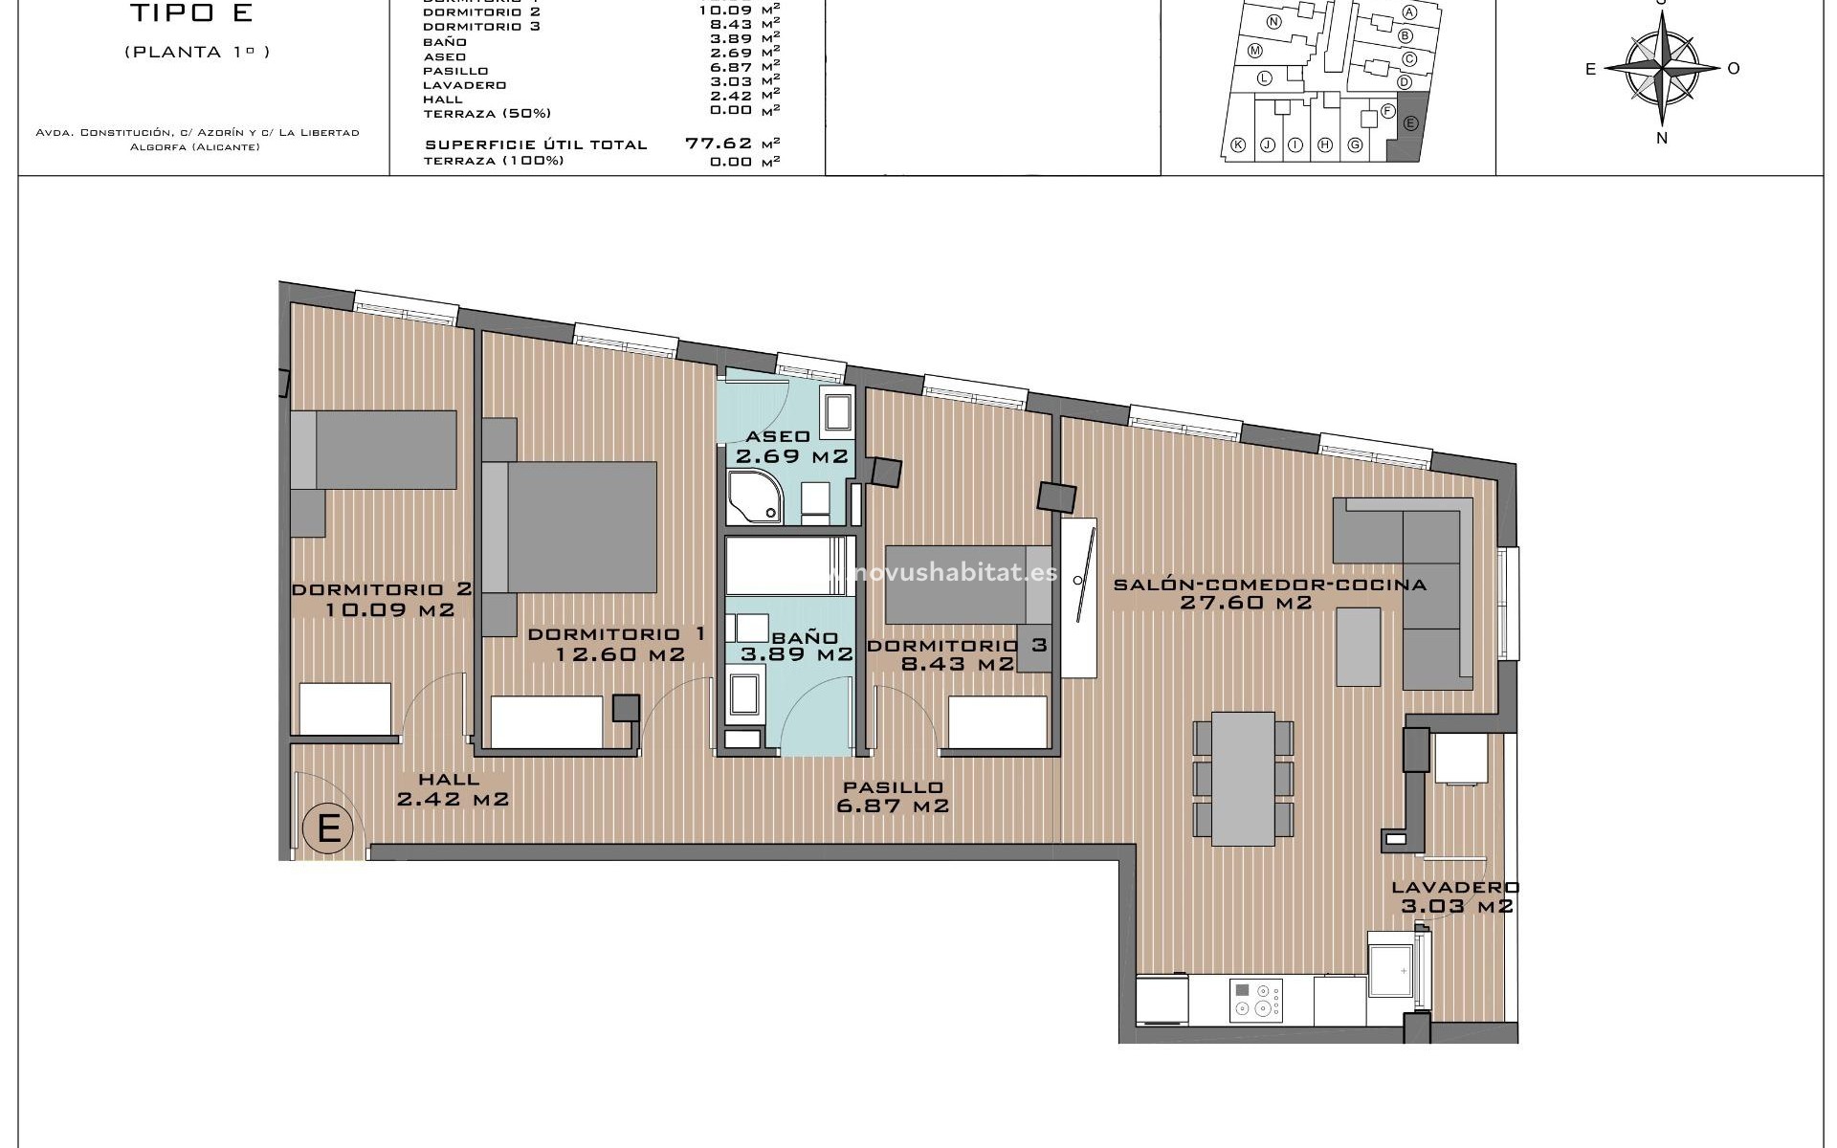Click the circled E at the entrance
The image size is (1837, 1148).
[328, 827]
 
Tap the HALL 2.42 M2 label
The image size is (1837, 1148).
[452, 790]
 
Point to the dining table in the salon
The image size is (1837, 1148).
[1243, 778]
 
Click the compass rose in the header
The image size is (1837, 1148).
[1662, 67]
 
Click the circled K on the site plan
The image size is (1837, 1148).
[1238, 145]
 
